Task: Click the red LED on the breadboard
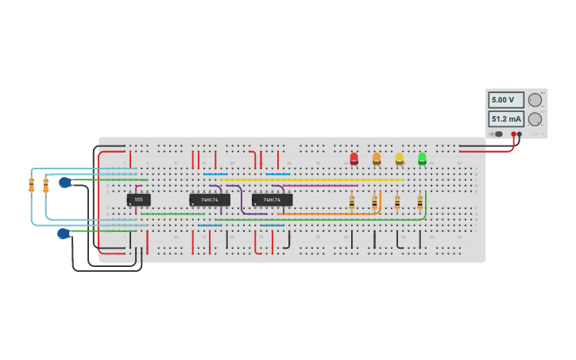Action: click(354, 158)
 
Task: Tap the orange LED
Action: click(377, 158)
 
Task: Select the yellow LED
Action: click(400, 158)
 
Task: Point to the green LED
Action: click(422, 158)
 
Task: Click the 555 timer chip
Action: click(138, 199)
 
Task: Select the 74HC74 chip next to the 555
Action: click(210, 199)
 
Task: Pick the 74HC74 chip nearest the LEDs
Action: click(272, 199)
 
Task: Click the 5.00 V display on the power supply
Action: click(505, 100)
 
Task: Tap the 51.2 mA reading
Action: click(505, 119)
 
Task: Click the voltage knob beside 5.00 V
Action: click(535, 100)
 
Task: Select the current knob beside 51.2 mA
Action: click(535, 119)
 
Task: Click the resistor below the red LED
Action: click(352, 203)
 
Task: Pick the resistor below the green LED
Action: click(420, 203)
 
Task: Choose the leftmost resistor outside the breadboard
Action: click(32, 185)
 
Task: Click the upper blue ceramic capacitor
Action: click(65, 183)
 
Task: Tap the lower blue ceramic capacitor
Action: click(64, 234)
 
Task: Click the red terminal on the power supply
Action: click(513, 134)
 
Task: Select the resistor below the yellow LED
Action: click(397, 203)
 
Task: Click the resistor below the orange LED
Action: click(374, 203)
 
